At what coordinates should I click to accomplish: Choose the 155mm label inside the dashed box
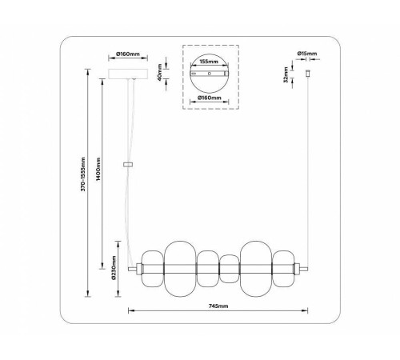(209, 60)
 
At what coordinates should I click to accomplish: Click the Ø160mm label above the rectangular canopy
(128, 54)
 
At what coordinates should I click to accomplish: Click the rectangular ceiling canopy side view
(128, 74)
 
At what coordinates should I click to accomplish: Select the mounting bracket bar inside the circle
(209, 74)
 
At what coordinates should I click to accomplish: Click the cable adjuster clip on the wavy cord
(127, 164)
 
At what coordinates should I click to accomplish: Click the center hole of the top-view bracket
(209, 74)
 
